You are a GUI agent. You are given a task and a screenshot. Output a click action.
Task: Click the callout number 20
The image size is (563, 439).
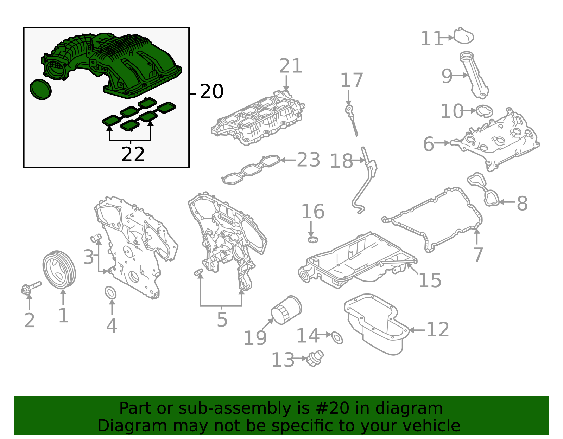pyautogui.click(x=211, y=92)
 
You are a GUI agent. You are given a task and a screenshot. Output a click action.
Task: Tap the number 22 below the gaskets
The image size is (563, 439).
pyautogui.click(x=133, y=155)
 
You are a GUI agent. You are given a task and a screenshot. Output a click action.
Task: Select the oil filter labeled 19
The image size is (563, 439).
pyautogui.click(x=286, y=310)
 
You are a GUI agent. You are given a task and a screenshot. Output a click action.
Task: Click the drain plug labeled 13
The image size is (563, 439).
pyautogui.click(x=315, y=359)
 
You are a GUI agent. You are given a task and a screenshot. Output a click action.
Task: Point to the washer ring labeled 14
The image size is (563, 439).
pyautogui.click(x=337, y=337)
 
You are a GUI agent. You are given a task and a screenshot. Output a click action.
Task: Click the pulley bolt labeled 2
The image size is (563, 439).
pyautogui.click(x=30, y=288)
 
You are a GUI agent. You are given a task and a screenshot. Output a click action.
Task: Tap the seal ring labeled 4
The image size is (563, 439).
pyautogui.click(x=110, y=293)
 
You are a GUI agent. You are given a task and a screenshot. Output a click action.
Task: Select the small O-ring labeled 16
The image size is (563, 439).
pyautogui.click(x=312, y=240)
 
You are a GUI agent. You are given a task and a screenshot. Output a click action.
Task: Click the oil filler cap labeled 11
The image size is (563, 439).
pyautogui.click(x=463, y=37)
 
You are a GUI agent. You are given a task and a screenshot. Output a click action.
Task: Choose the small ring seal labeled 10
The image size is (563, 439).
pyautogui.click(x=484, y=111)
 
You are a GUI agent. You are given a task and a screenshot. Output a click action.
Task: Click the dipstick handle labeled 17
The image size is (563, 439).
pyautogui.click(x=349, y=110)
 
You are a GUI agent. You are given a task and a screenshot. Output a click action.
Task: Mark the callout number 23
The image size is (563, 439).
pyautogui.click(x=309, y=160)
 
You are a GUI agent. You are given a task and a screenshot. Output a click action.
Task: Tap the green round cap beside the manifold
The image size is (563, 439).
pyautogui.click(x=40, y=89)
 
